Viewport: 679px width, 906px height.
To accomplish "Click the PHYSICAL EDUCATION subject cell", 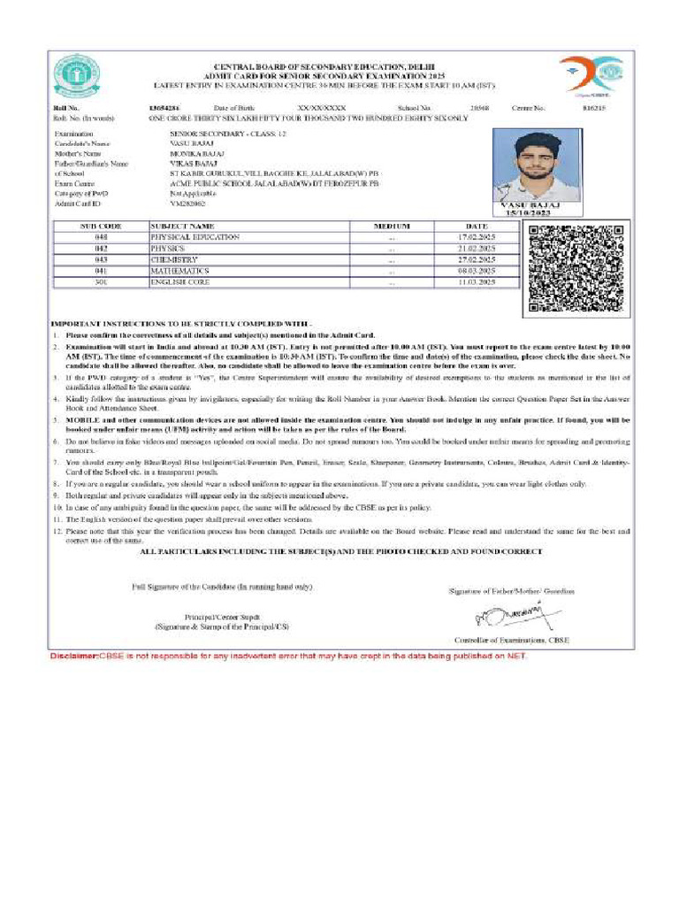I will [x=195, y=238].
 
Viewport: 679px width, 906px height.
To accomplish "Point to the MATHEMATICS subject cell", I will [x=180, y=271].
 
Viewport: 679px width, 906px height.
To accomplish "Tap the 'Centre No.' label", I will [x=529, y=107].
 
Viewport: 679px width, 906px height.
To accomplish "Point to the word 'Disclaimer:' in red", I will [x=72, y=656].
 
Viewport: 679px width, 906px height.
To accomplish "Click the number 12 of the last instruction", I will [x=56, y=531].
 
